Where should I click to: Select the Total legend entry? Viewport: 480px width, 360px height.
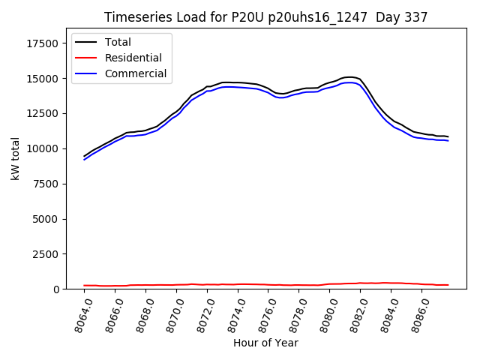point(118,42)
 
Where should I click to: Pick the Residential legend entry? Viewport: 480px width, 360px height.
point(133,58)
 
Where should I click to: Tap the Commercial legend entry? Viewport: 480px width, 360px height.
point(136,74)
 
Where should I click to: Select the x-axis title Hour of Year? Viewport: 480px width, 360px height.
point(265,343)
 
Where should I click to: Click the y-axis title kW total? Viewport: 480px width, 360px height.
point(15,159)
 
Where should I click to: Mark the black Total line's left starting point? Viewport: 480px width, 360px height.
point(84,156)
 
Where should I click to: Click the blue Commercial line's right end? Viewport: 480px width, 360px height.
point(448,140)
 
